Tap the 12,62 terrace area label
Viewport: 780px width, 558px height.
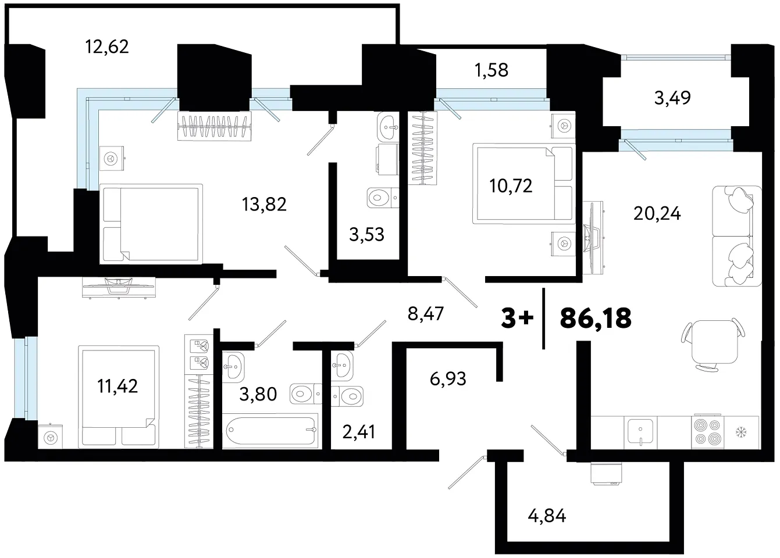pos(107,46)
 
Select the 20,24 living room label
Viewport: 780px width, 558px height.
pos(657,213)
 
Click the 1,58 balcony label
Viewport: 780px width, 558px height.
pos(491,70)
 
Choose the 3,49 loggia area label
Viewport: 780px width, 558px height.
pos(672,98)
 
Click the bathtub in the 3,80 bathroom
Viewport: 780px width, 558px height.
pos(270,431)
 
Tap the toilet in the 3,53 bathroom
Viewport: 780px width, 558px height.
pos(383,198)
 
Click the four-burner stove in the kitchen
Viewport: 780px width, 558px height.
pos(707,432)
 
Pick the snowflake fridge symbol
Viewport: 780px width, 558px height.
pos(742,433)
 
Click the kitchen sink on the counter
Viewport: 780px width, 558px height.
pos(640,432)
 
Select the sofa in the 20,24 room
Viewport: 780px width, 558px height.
pos(737,236)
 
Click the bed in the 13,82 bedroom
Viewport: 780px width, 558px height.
pos(151,224)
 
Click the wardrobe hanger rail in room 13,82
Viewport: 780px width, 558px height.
pos(214,126)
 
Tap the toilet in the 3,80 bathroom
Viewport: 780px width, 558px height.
pos(305,394)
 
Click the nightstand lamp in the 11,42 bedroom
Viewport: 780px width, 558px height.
pos(51,437)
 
